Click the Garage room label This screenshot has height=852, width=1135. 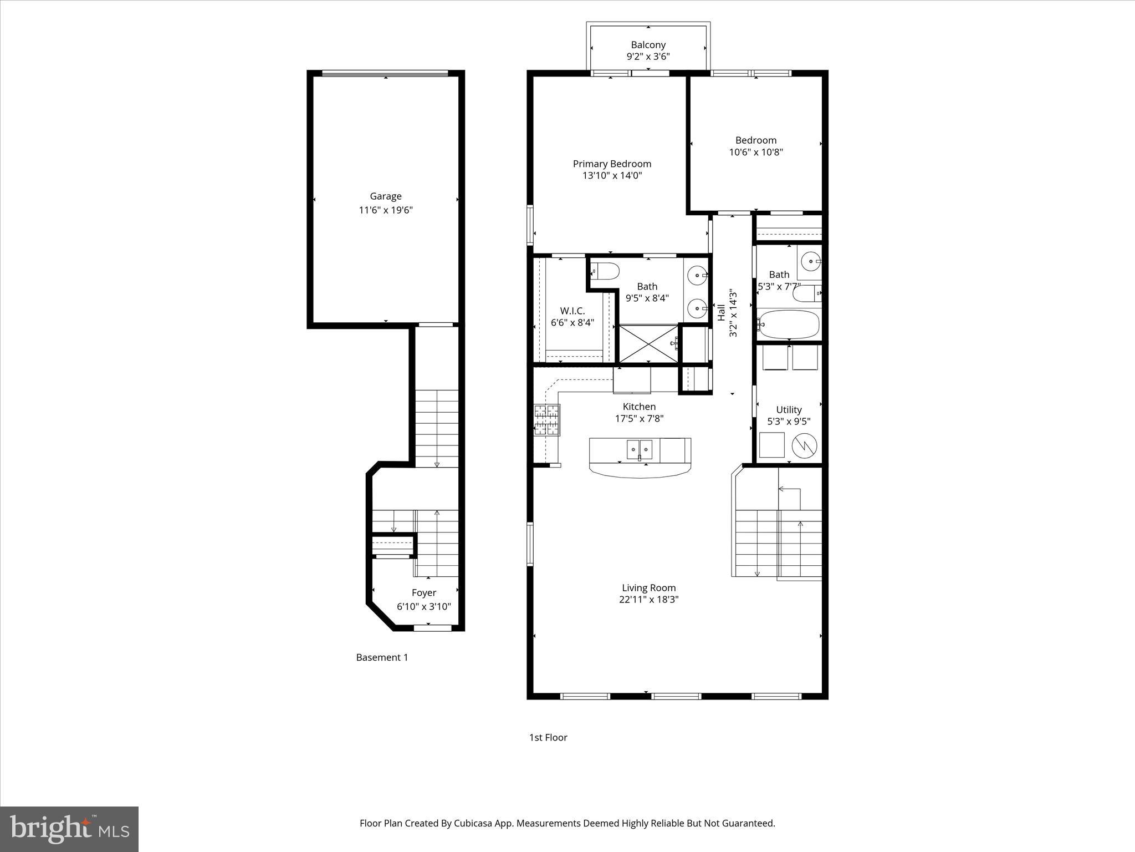click(386, 196)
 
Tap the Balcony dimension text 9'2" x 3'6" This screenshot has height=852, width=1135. click(648, 57)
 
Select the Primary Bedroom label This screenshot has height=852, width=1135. click(612, 164)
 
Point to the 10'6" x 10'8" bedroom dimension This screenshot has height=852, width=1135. click(756, 152)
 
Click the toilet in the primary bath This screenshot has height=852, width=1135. click(605, 272)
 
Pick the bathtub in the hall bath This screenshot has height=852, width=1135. click(789, 325)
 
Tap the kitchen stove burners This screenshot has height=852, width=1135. click(546, 419)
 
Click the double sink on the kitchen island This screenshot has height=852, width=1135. click(640, 449)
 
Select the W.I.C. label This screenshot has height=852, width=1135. click(572, 311)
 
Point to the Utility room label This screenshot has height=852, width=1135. click(789, 410)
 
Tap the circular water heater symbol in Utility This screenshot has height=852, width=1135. click(804, 445)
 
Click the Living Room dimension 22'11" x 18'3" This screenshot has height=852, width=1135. click(648, 600)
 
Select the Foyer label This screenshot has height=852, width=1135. click(424, 593)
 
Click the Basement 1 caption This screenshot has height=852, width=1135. click(382, 657)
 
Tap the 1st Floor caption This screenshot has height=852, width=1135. click(548, 737)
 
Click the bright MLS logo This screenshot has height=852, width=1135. click(69, 829)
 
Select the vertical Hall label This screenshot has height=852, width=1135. click(721, 312)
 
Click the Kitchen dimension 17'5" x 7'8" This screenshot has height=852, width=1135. click(639, 419)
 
